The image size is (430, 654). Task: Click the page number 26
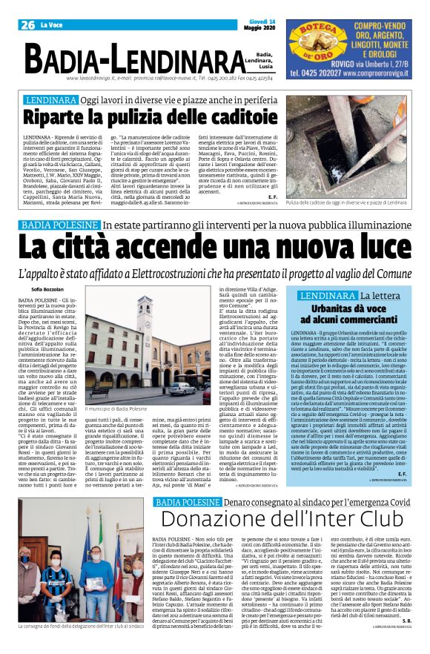coord(29,25)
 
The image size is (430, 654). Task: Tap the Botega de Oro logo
coord(315,42)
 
